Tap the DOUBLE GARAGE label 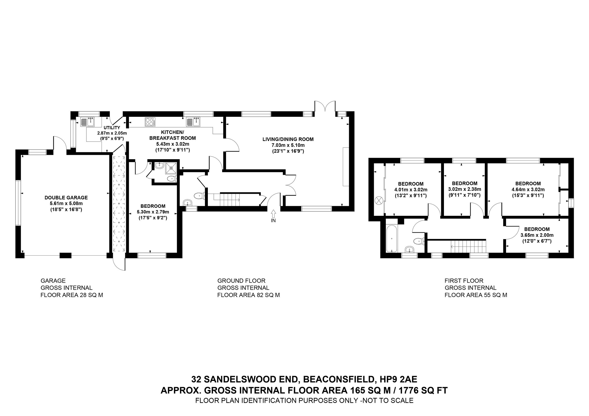click(66, 198)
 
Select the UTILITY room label click(112, 128)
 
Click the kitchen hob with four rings click(150, 121)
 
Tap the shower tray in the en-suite click(171, 168)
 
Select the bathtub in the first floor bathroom click(392, 238)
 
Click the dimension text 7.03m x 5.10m click(288, 145)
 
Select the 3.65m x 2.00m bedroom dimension click(537, 235)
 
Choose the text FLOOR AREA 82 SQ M click(248, 295)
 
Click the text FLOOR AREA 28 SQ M click(72, 295)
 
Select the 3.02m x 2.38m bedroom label click(464, 189)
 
